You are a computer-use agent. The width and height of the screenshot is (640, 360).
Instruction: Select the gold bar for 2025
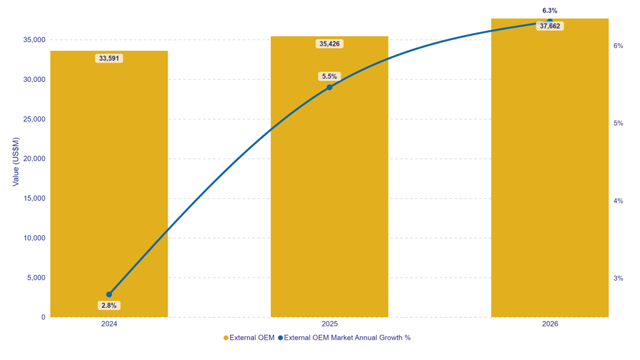coord(329,200)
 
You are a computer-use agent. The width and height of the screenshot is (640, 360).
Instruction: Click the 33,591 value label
coord(109,58)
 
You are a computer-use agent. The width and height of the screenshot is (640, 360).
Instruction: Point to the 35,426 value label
coord(329,43)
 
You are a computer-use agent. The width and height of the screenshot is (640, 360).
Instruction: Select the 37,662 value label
coord(549,26)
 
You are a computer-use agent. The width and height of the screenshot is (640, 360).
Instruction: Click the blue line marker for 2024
coord(109,294)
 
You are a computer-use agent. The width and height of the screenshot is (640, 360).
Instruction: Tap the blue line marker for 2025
coord(329,87)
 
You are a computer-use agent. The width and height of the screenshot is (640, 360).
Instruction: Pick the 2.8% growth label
coord(109,305)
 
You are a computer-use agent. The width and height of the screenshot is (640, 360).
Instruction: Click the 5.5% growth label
coord(329,76)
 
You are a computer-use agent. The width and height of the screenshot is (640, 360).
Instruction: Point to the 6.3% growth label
coord(549,10)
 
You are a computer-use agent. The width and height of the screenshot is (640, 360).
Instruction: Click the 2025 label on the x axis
coord(329,324)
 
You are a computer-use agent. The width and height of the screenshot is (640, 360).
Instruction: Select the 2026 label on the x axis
coord(549,324)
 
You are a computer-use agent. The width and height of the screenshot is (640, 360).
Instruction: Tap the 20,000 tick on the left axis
coord(34,158)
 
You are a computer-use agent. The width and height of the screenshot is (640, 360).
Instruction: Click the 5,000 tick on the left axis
coord(36,277)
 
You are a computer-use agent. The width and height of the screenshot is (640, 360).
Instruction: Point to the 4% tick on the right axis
coord(618,201)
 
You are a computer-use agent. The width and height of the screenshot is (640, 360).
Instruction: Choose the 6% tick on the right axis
coord(618,45)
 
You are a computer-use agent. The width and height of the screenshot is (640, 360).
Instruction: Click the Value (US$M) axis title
coord(15,161)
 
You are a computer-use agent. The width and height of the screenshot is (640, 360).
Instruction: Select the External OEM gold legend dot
coord(225,338)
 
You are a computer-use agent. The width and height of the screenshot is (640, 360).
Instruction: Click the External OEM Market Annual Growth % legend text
coord(347,337)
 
